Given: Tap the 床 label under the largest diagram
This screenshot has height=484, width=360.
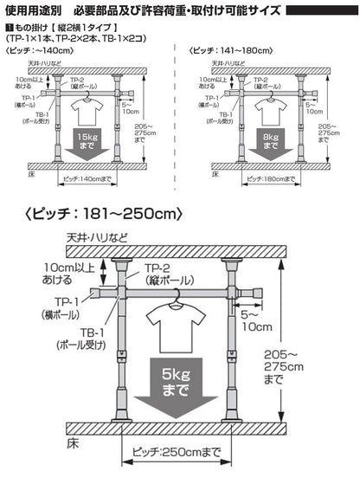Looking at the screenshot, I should click(75, 442).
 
